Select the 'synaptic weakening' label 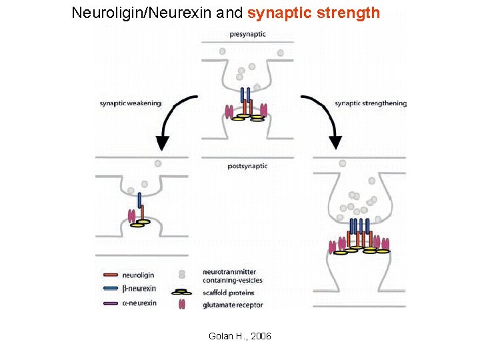tap(131, 103)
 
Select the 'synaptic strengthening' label tap(370, 103)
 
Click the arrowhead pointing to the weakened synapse tap(162, 142)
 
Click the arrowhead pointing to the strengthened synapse tap(335, 142)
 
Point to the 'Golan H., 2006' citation tap(240, 336)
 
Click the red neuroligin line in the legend tap(111, 274)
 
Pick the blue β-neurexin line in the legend tap(111, 289)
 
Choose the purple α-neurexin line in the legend tap(111, 303)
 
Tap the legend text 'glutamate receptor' tap(233, 305)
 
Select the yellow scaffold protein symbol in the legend tap(180, 292)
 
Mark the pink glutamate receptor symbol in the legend tap(181, 305)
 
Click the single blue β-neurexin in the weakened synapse tap(139, 199)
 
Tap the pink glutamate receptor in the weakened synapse tap(131, 215)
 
